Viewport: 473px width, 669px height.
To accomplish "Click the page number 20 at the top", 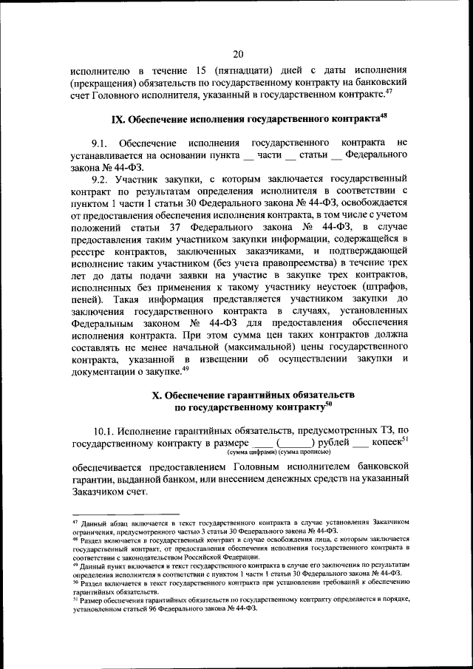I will click(237, 53).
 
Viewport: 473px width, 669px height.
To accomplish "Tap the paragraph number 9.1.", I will click(101, 142).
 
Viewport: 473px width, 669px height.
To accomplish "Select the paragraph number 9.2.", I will click(101, 179).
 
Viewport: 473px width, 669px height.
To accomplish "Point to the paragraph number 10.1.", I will click(104, 430).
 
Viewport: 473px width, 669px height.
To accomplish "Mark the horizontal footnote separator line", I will click(125, 514).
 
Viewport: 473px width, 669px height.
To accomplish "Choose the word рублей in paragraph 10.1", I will click(325, 443).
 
